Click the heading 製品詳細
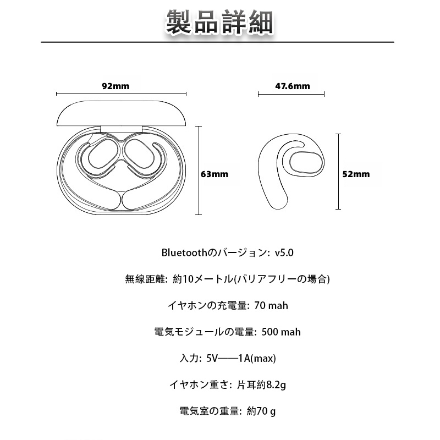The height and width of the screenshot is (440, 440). [219, 22]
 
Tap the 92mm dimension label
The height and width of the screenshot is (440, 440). [116, 86]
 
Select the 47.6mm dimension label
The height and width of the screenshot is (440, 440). [293, 86]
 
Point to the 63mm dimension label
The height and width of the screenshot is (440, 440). [215, 174]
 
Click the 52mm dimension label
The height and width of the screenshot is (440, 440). [356, 174]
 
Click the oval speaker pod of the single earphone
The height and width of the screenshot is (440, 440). [306, 163]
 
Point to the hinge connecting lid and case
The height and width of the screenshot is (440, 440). [121, 129]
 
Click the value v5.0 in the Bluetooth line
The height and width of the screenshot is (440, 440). [284, 253]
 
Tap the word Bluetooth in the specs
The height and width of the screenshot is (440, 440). [184, 253]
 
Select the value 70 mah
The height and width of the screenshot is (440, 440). [271, 306]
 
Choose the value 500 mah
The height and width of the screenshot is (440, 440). [281, 332]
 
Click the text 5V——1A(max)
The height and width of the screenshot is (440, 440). [241, 359]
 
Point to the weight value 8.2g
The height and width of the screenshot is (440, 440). [276, 385]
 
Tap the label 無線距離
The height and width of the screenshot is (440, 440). [145, 279]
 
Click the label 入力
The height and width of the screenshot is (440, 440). [189, 359]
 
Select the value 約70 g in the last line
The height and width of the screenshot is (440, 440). [261, 411]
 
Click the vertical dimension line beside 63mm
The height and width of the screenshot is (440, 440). [199, 170]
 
